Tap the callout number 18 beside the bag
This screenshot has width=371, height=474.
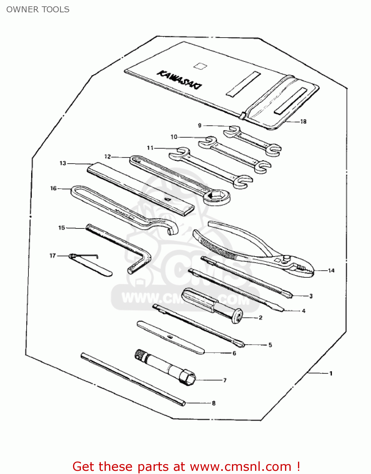(x=303, y=122)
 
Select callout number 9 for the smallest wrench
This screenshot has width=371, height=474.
(x=200, y=125)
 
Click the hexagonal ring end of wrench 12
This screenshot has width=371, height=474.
(x=217, y=197)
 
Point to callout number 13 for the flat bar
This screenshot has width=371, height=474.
(x=63, y=163)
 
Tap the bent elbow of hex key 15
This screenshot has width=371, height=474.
(x=146, y=254)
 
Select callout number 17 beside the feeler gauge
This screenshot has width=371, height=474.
(x=52, y=256)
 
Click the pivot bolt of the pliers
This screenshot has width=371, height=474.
(x=287, y=258)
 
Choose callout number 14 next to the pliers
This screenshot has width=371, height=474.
(x=331, y=270)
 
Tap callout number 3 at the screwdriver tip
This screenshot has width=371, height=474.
(x=311, y=296)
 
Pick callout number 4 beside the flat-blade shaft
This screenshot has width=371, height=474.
(x=304, y=311)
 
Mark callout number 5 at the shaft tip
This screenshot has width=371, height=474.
(x=270, y=345)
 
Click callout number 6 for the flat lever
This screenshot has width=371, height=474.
(x=234, y=353)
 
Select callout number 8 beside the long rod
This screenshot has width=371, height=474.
(x=214, y=403)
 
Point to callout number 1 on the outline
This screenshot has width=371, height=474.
(x=331, y=374)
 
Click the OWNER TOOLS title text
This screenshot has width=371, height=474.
(x=38, y=9)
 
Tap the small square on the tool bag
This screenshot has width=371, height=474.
(x=200, y=66)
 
